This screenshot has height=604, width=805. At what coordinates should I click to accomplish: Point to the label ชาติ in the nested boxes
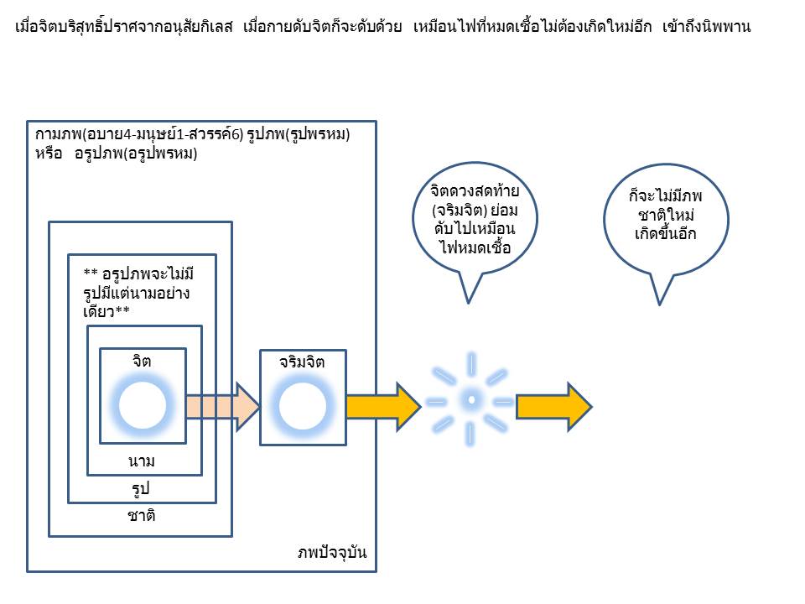tap(141, 516)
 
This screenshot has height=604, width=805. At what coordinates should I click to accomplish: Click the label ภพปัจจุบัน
tap(332, 554)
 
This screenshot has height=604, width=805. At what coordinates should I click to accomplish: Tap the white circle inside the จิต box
tap(142, 405)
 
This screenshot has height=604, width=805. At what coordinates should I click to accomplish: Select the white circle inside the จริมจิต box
tap(302, 407)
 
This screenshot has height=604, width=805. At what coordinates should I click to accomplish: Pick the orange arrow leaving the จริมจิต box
tap(382, 406)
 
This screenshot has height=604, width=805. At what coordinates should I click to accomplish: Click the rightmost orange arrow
tap(553, 406)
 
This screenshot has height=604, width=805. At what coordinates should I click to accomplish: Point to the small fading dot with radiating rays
tap(471, 400)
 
